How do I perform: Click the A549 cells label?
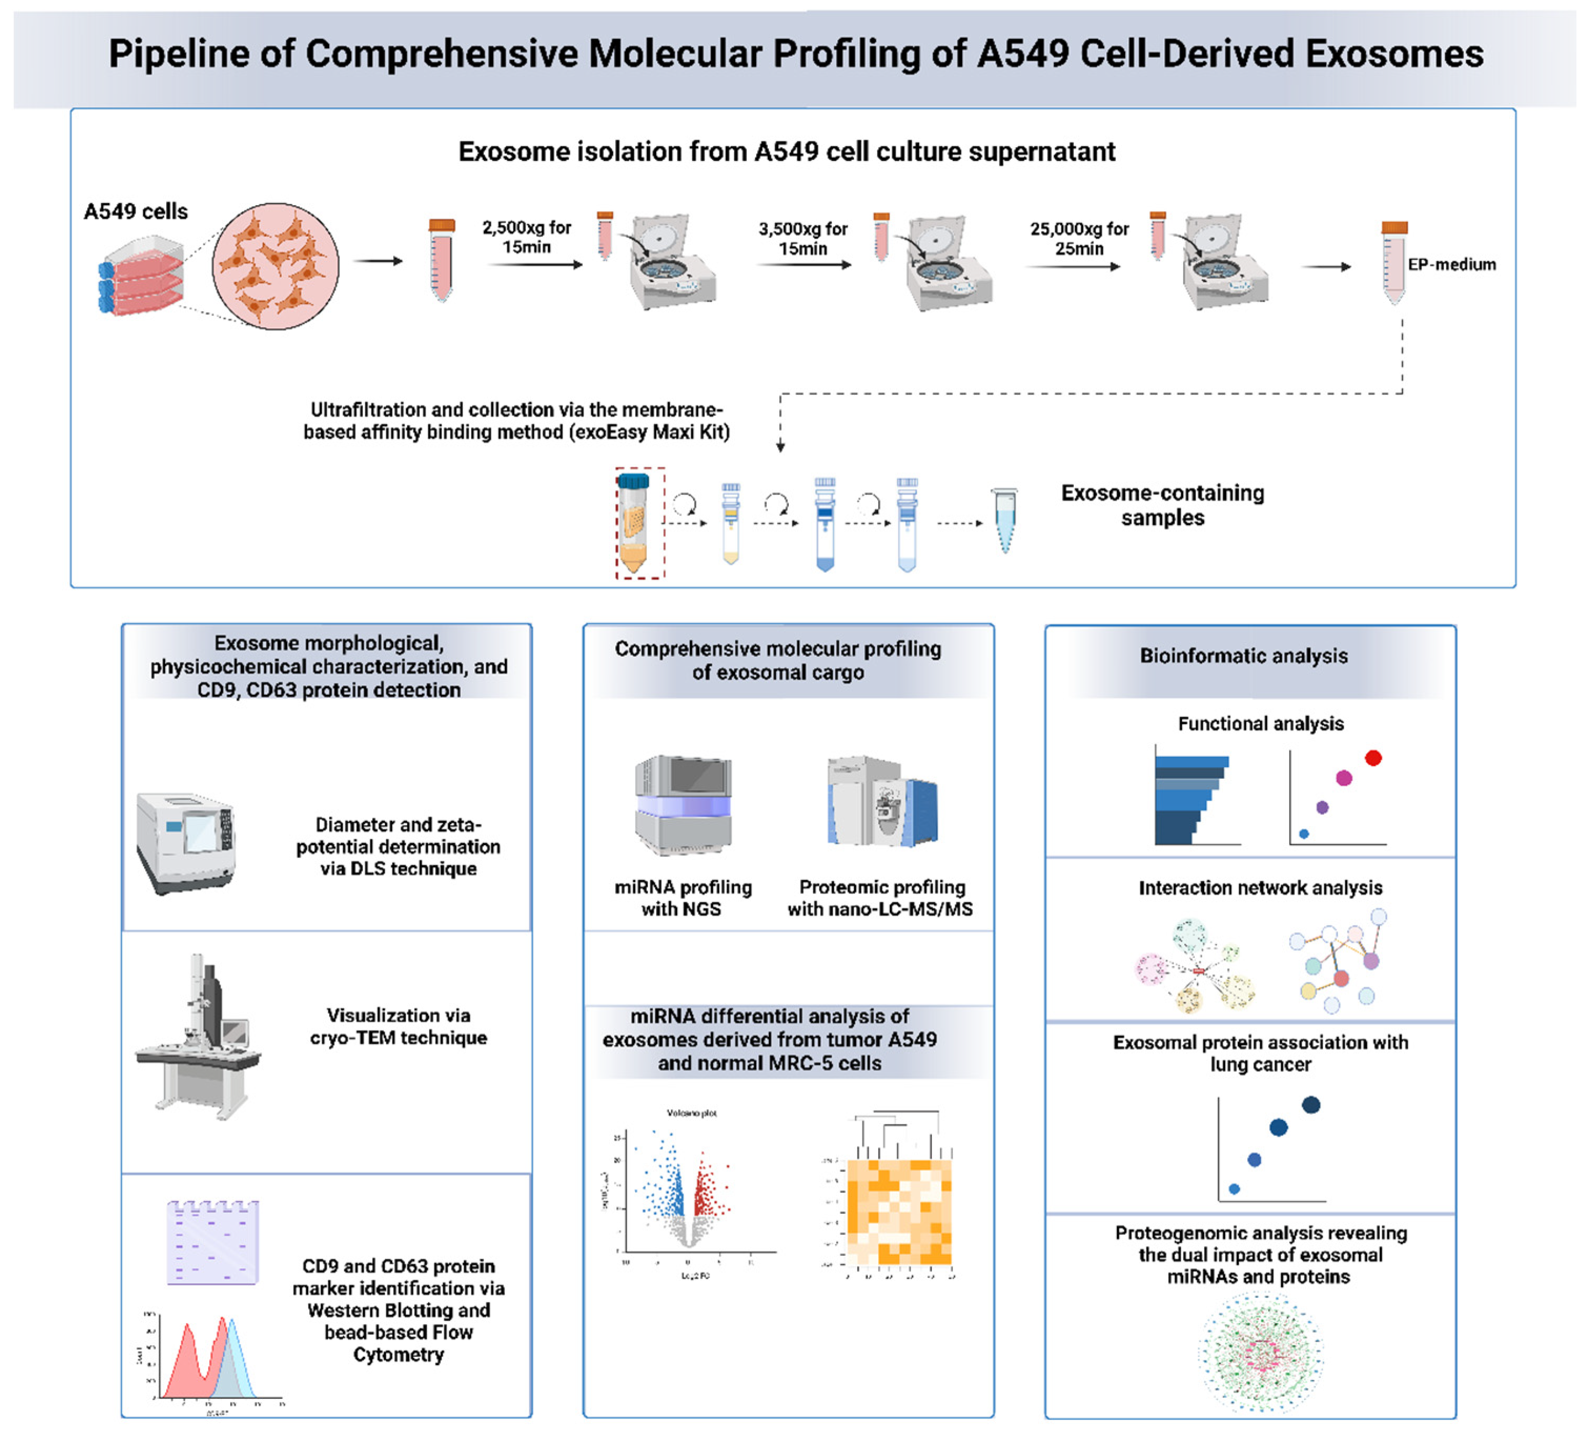136,211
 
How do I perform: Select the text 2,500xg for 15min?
526,237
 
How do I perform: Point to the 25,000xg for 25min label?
1079,238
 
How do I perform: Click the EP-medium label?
1451,264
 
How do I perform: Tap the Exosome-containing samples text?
1163,504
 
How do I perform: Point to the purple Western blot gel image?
213,1242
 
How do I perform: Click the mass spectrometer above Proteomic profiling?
881,800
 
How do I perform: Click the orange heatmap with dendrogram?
899,1210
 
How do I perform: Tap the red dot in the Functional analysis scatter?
1373,758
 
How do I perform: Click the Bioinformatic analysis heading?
1244,656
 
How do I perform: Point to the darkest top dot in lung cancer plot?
1311,1104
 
